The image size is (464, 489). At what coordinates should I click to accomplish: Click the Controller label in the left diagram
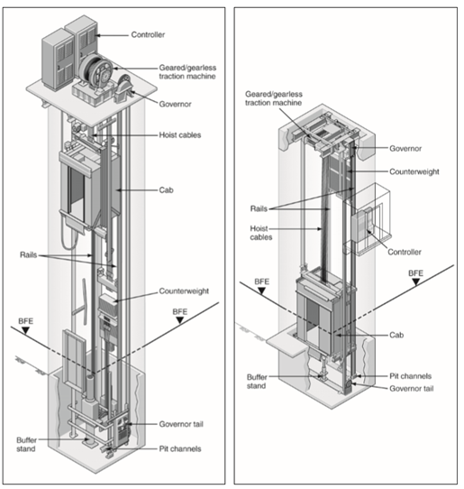click(148, 34)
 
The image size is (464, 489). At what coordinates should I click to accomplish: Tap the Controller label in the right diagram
click(405, 252)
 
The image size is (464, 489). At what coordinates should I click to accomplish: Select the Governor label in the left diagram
click(175, 104)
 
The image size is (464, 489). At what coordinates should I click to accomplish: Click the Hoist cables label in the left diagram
click(180, 135)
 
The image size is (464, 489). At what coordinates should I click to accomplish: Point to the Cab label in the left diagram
click(167, 190)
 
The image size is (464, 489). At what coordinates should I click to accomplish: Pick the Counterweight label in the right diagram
click(414, 171)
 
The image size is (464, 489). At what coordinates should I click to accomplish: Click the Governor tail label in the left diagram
click(181, 424)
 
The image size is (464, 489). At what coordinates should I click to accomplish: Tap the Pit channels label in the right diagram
click(411, 376)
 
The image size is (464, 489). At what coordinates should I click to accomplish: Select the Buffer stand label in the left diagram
click(26, 445)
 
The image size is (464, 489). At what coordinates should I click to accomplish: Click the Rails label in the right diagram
click(259, 208)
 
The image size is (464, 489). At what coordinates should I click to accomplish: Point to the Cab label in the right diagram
click(396, 336)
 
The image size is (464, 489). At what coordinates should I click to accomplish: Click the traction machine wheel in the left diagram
click(96, 71)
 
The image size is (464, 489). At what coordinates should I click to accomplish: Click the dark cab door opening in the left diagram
click(77, 192)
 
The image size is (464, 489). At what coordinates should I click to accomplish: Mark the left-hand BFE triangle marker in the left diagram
click(25, 330)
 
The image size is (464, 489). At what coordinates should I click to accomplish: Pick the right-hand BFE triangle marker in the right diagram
click(415, 281)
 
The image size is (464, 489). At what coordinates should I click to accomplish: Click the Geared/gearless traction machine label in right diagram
click(274, 98)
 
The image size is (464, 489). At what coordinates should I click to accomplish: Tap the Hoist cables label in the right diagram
click(261, 233)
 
